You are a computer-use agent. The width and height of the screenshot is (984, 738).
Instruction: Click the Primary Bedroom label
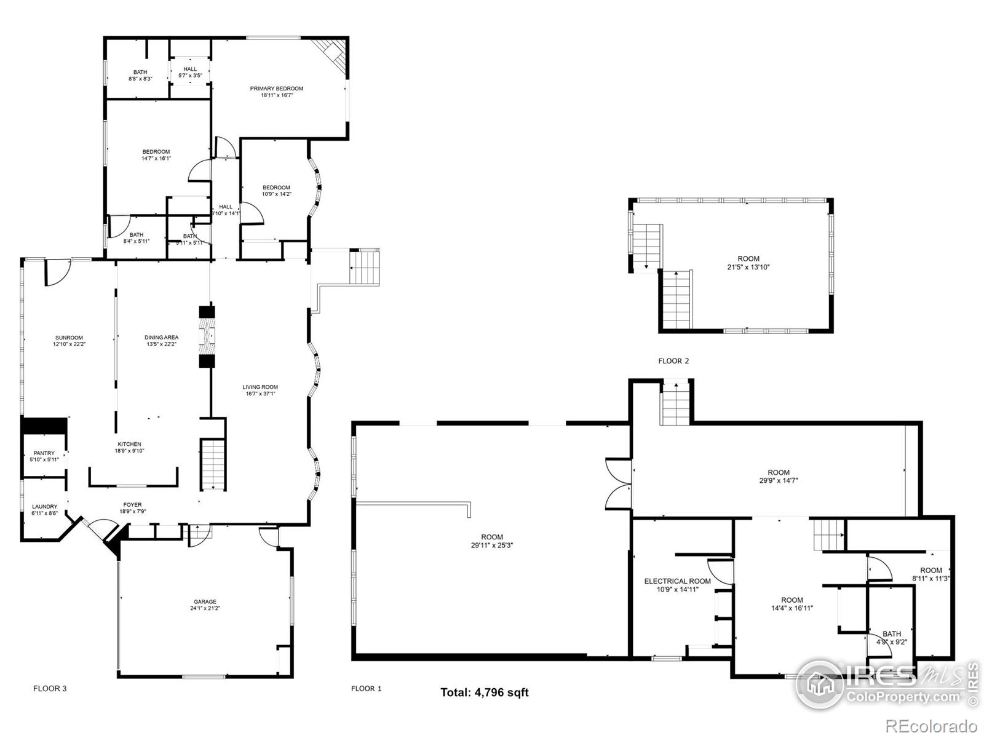[276, 89]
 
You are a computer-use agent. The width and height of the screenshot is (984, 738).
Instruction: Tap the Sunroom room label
[69, 338]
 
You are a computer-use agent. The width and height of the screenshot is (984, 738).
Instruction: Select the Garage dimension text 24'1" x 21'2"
[205, 608]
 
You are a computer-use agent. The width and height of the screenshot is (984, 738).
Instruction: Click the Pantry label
[44, 453]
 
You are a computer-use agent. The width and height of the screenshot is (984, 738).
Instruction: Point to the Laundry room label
[44, 507]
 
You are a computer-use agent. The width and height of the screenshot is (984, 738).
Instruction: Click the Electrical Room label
[677, 581]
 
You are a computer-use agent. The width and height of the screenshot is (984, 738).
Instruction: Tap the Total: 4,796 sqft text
[484, 692]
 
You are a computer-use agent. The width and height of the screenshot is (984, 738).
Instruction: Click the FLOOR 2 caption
[673, 361]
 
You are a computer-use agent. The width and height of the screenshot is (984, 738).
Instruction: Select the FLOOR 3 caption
[50, 688]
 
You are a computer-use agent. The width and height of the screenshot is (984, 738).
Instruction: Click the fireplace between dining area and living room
[207, 336]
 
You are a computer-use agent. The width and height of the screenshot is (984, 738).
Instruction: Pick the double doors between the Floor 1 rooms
[618, 483]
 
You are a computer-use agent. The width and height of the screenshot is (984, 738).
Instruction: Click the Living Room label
[260, 387]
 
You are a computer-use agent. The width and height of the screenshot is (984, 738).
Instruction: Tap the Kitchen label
[129, 444]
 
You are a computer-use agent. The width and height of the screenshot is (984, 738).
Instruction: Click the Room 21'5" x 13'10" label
[748, 259]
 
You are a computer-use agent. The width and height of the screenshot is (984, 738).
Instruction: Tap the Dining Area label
[162, 338]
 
